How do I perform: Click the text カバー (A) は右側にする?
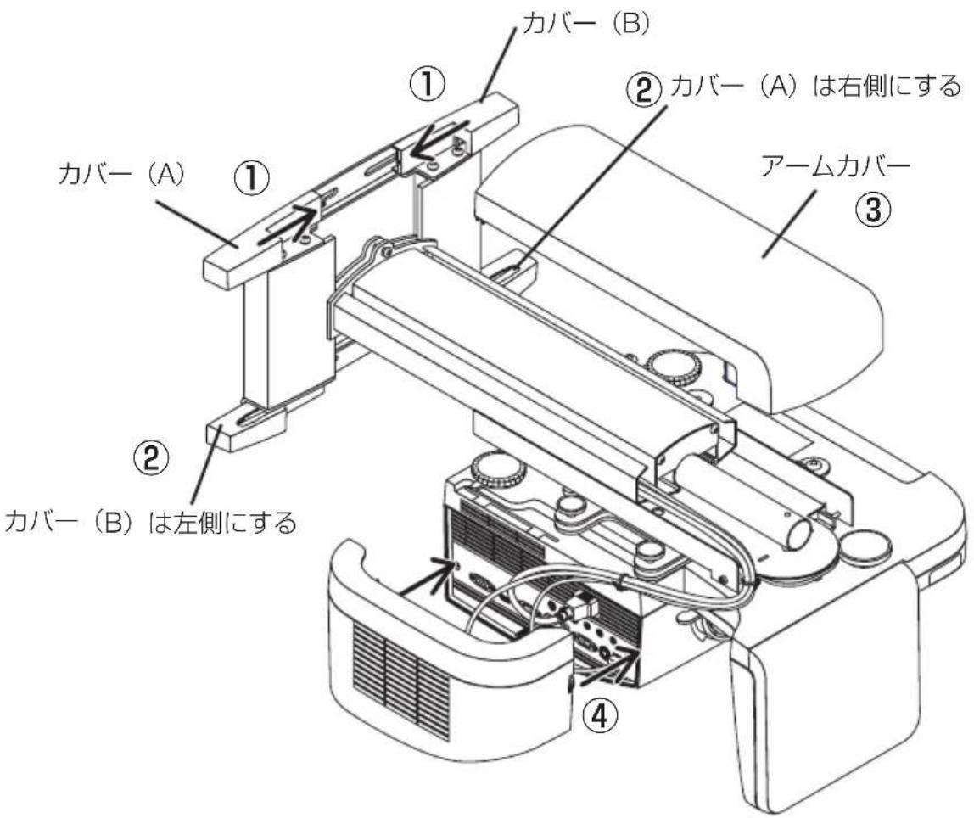click(814, 87)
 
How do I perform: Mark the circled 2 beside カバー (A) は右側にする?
click(645, 87)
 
